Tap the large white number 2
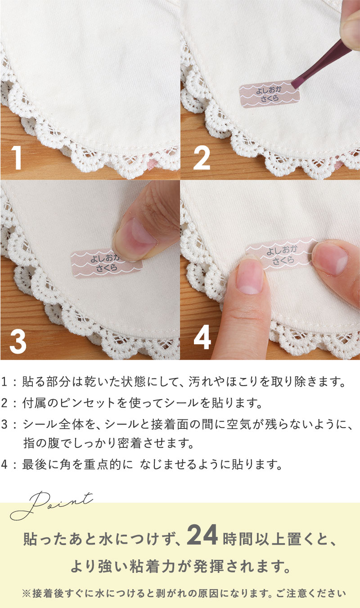[202, 158]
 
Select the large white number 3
[18, 342]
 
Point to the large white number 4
[202, 338]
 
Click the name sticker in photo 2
[270, 94]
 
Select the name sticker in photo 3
[107, 264]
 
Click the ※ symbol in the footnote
[27, 593]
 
